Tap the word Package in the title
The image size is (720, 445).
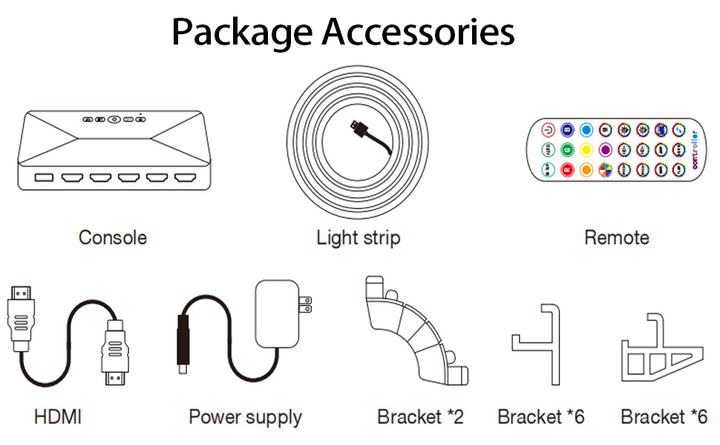241,33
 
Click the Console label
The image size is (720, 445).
113,237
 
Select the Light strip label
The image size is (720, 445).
358,237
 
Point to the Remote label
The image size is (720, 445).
616,237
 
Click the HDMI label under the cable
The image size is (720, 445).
58,417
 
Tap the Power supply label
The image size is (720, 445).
245,417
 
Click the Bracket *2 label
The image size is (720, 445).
420,417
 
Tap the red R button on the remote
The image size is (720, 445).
567,169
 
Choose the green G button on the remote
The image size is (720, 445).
567,150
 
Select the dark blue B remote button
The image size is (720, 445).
567,130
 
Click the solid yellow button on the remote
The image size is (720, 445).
586,150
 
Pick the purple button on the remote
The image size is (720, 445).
604,150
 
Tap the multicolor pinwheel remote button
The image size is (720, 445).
604,169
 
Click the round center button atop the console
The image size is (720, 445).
114,119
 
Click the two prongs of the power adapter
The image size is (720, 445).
304,304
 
